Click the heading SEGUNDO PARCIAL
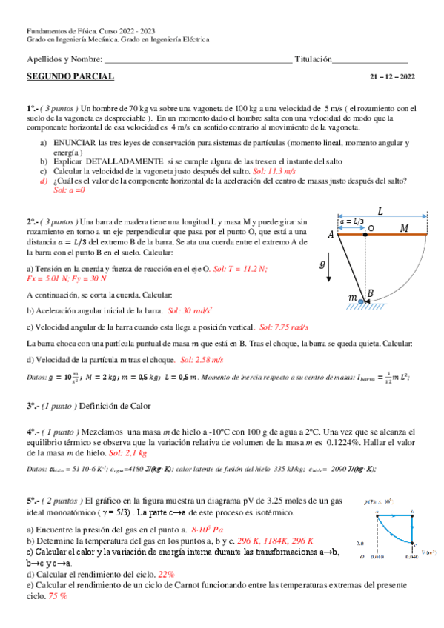[70, 76]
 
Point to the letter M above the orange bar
[405, 228]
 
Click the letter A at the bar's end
[331, 235]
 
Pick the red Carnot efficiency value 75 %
[59, 595]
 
